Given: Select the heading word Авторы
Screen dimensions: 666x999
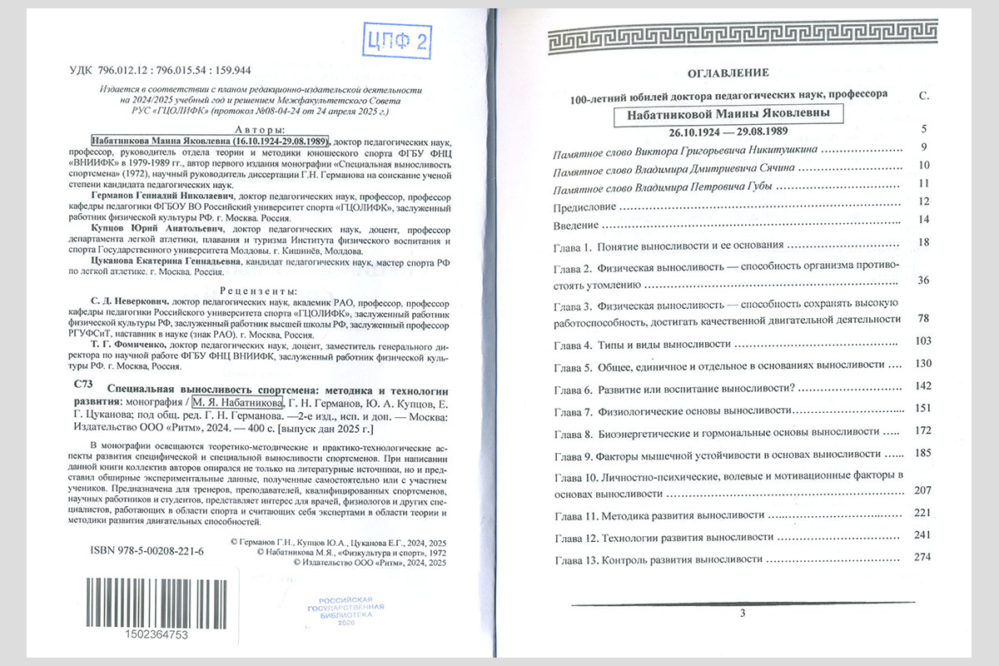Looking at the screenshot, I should pyautogui.click(x=259, y=130).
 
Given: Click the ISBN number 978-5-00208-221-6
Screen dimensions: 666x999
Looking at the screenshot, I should pyautogui.click(x=146, y=551).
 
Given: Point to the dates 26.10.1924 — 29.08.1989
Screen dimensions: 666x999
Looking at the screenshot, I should pyautogui.click(x=722, y=132).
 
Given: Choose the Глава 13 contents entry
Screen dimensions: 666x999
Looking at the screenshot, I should pyautogui.click(x=658, y=559).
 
